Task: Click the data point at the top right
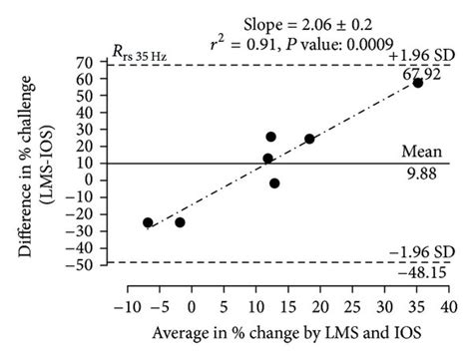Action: (418, 83)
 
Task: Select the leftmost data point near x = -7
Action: (148, 222)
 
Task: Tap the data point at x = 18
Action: (309, 139)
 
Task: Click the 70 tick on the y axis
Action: (88, 62)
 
